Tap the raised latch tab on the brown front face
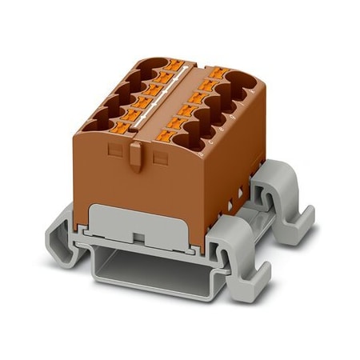pos(136,157)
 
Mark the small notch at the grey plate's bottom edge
pos(138,238)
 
